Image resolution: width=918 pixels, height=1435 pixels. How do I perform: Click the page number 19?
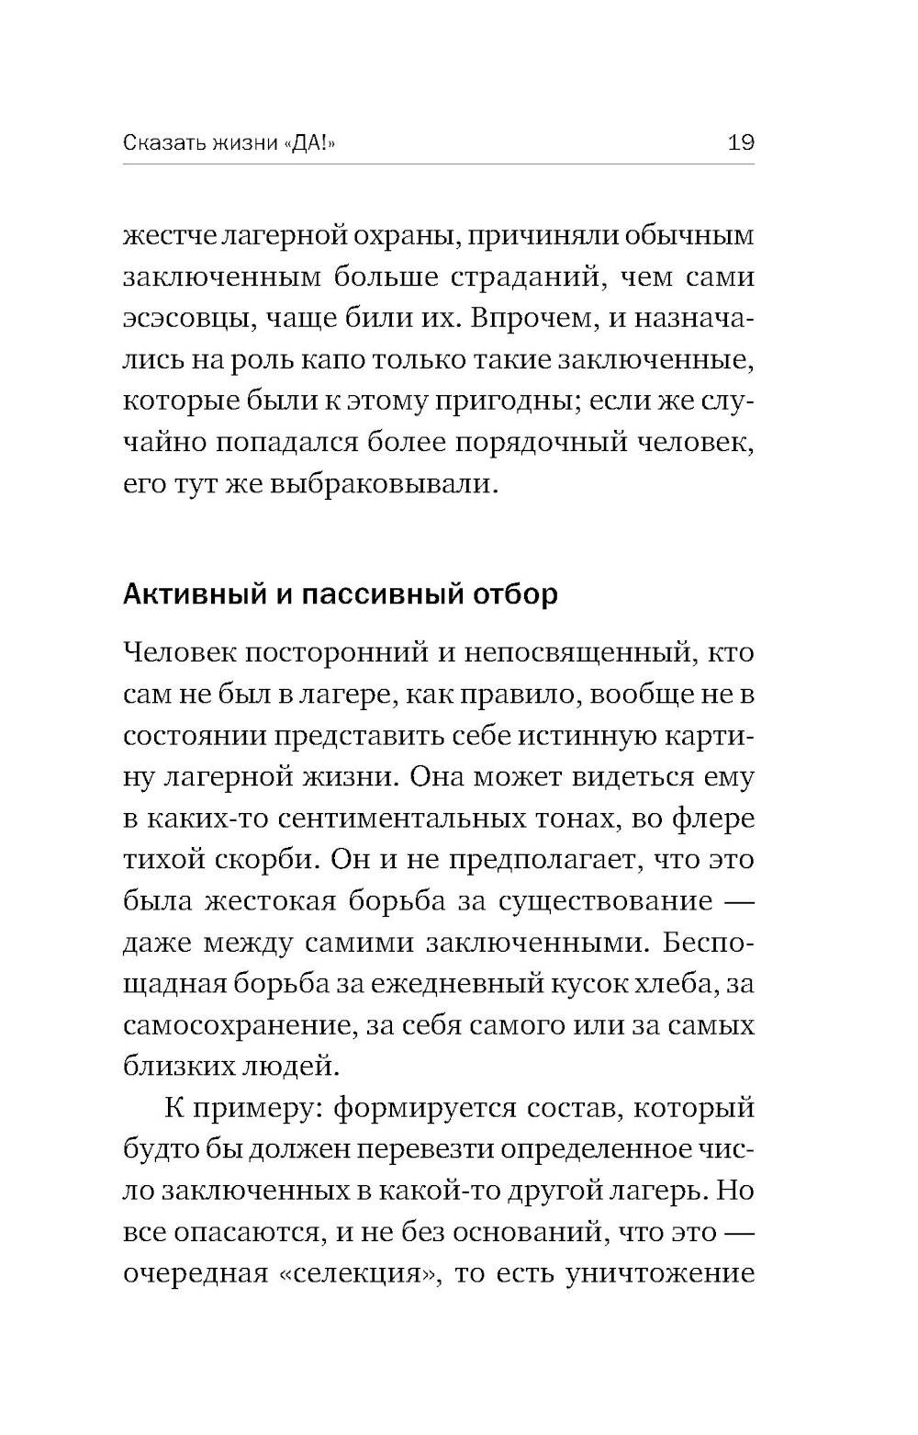[x=740, y=142]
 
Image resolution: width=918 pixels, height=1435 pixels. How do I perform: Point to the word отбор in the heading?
[x=515, y=594]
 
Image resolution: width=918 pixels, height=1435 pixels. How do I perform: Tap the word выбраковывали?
[x=383, y=484]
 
